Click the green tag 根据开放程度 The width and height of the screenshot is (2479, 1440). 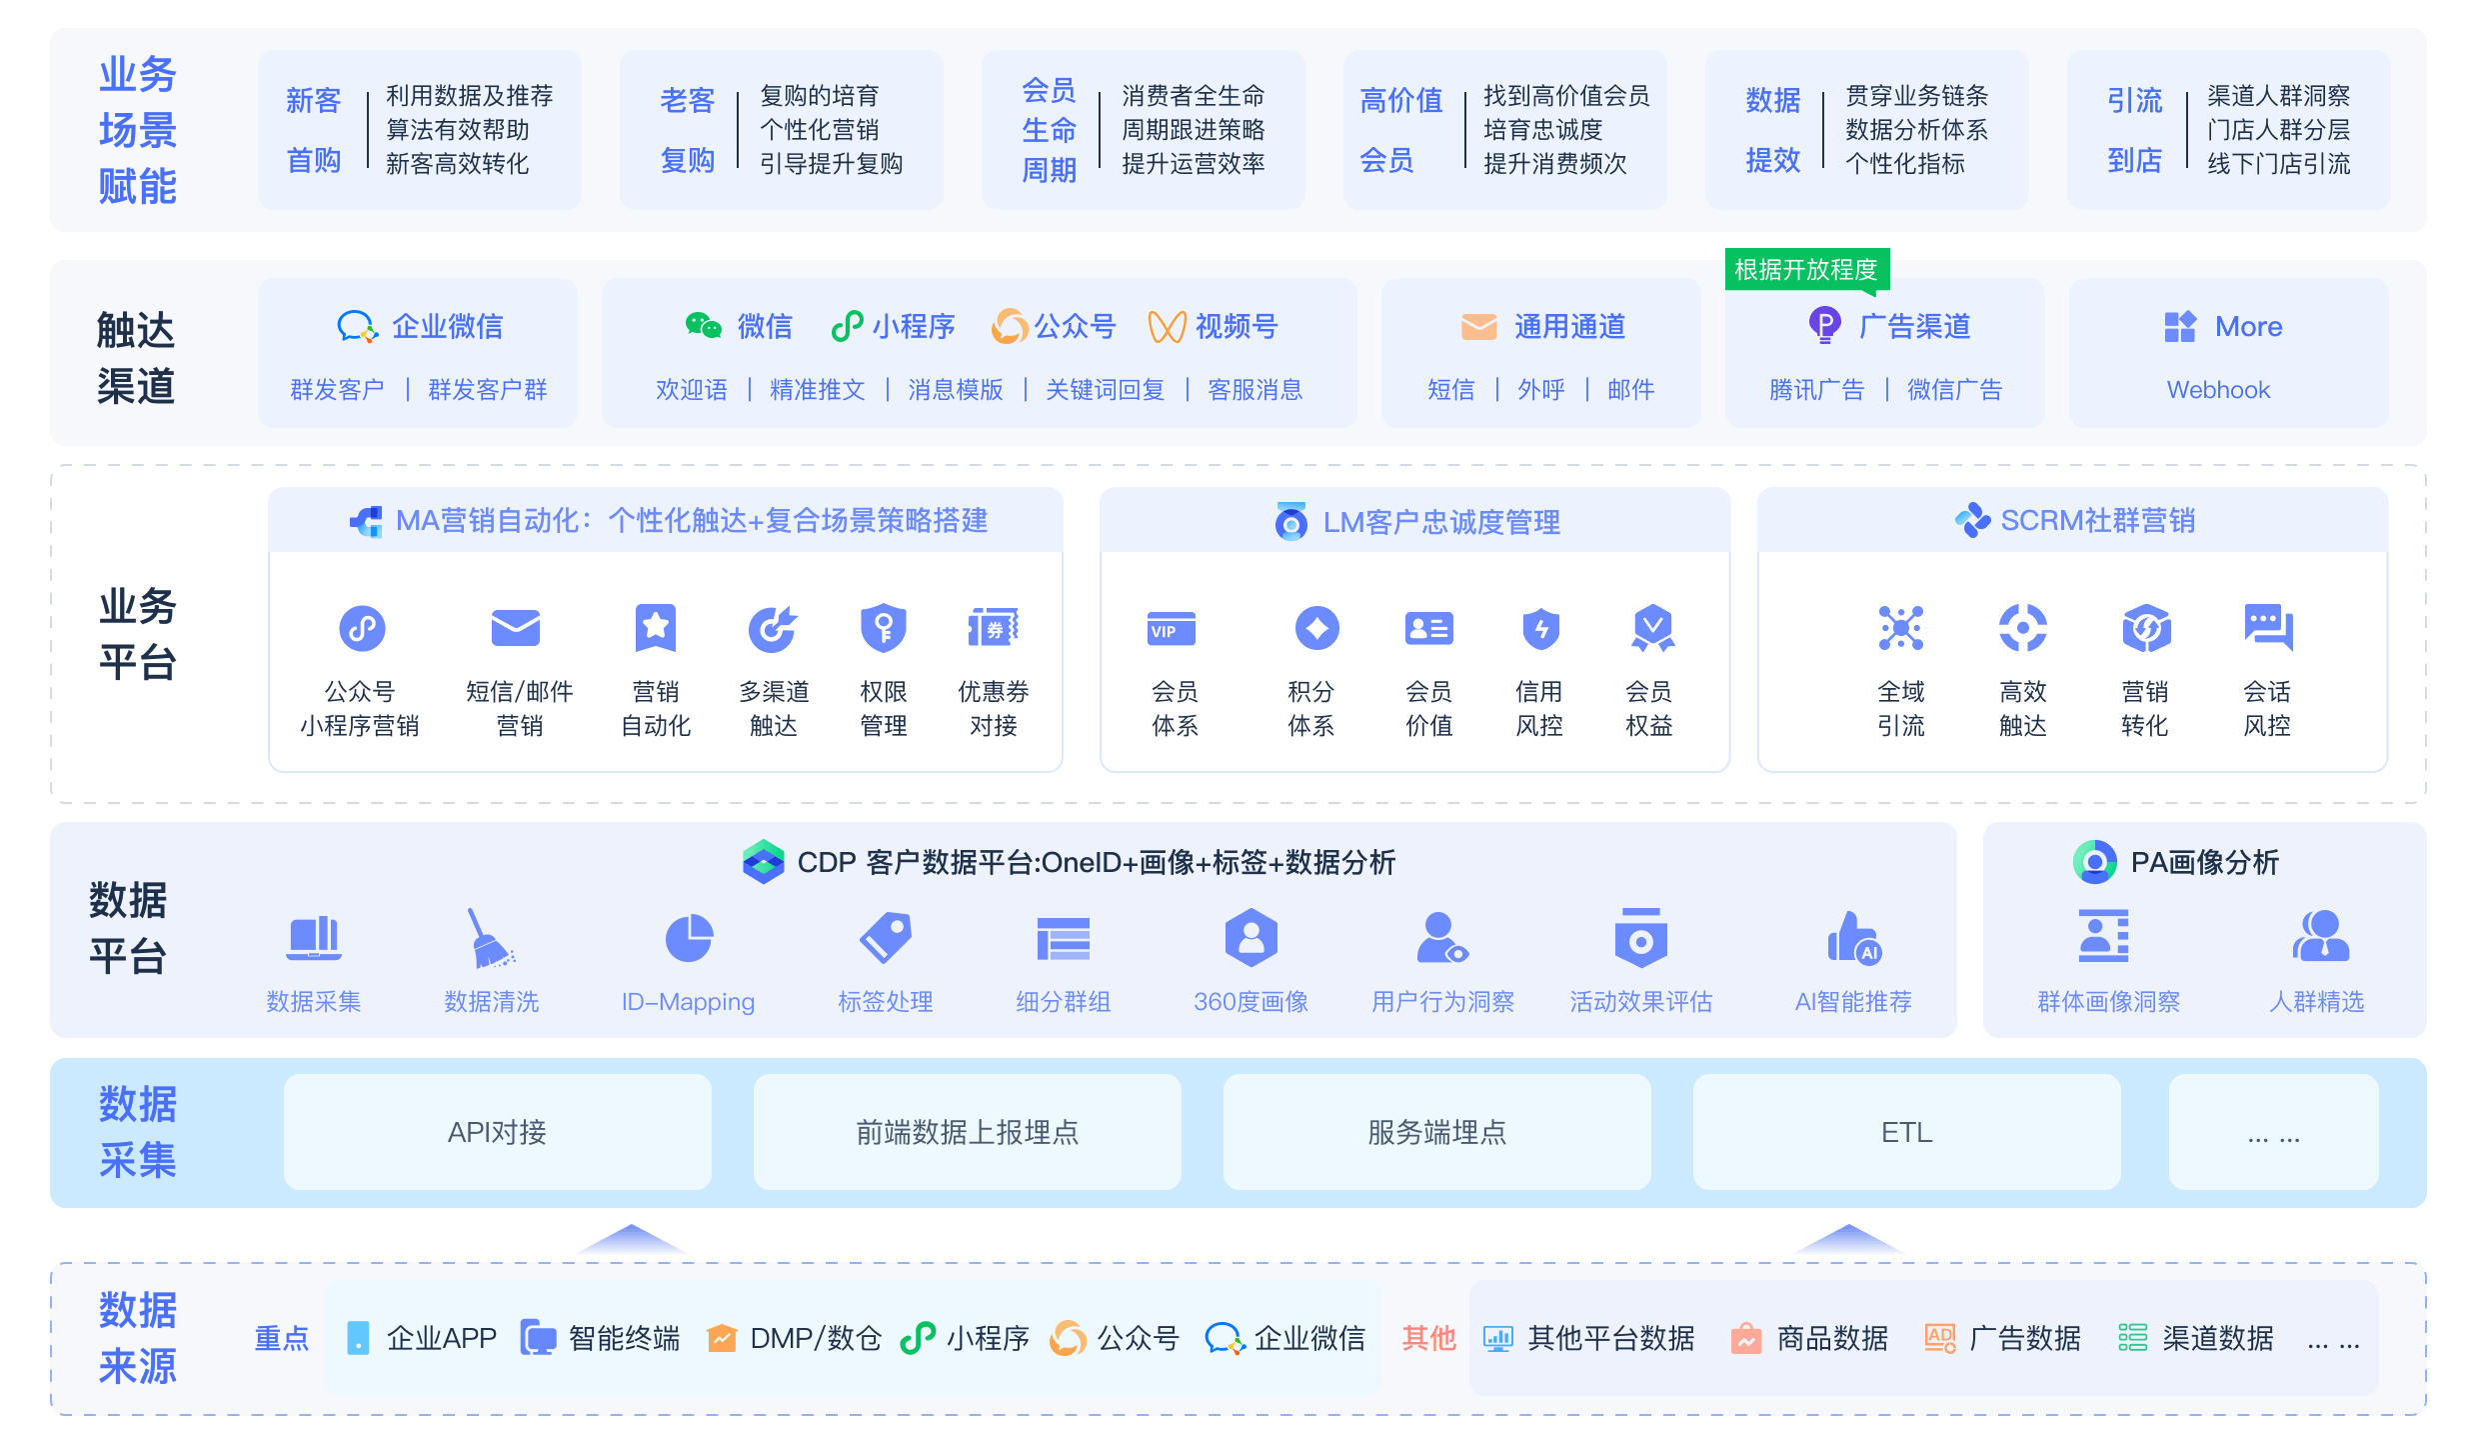coord(1807,270)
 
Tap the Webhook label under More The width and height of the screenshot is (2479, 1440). coord(2218,390)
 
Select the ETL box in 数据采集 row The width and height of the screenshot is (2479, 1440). coord(1906,1132)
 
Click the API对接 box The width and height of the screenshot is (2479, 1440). coord(497,1132)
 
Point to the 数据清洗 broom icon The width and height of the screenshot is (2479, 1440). coord(490,938)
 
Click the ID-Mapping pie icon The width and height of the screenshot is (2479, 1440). coord(689,938)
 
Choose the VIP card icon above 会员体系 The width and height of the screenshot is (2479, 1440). coord(1172,629)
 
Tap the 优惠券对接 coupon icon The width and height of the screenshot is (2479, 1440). coord(993,628)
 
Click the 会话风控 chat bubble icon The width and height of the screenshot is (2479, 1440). coord(2268,628)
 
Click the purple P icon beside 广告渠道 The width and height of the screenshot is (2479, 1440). coord(1824,326)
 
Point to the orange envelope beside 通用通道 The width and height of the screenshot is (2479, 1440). coord(1478,327)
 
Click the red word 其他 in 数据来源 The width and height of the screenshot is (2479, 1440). coord(1428,1338)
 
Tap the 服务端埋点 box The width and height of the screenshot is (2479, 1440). coord(1436,1132)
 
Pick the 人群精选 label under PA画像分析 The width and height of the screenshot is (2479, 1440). coord(2316,1002)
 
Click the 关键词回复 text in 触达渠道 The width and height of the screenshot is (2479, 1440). coord(1105,390)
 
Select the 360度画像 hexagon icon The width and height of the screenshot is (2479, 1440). coord(1250,938)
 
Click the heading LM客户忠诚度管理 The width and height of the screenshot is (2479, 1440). coord(1441,522)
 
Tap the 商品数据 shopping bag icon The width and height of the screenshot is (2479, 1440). coord(1746,1338)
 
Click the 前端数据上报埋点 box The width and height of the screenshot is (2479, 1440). coord(967,1132)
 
